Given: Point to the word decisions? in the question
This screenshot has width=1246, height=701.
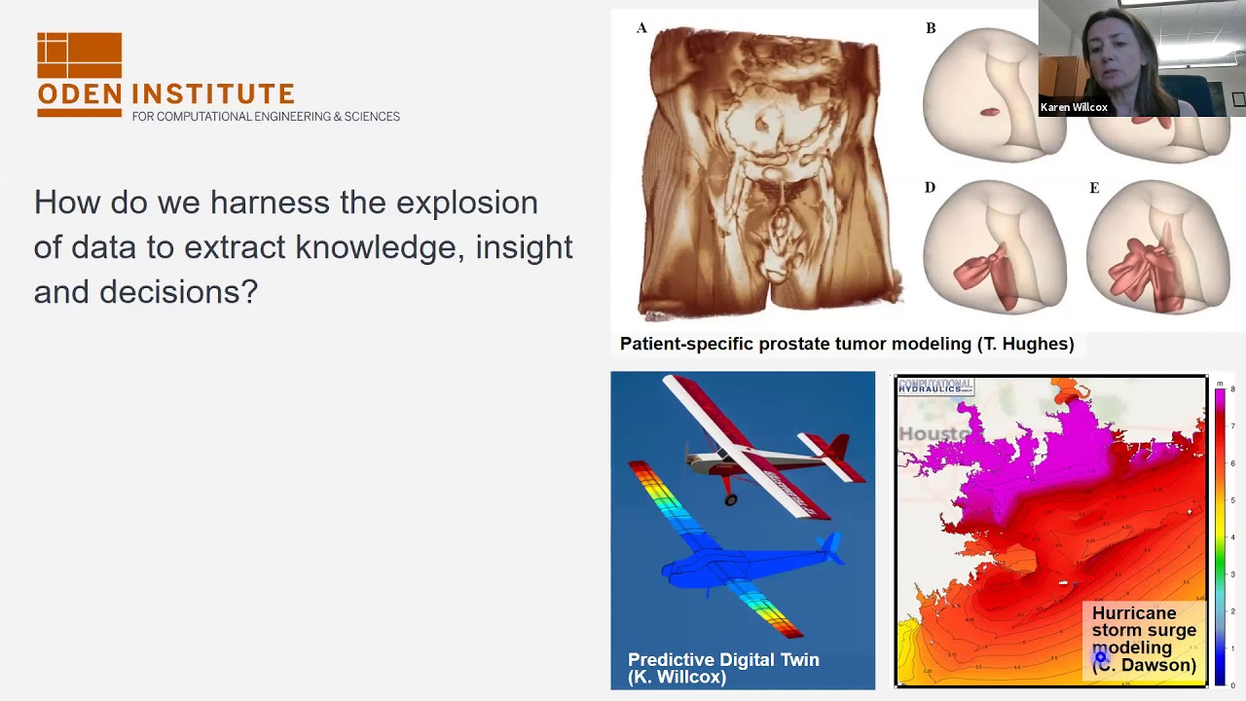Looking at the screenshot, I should click(178, 292).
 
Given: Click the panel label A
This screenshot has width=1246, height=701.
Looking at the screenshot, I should click(641, 28).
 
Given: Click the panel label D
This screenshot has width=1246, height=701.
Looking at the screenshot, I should click(930, 188).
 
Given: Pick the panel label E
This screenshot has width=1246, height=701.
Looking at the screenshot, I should click(1094, 188).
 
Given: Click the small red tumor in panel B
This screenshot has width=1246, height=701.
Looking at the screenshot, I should click(989, 113).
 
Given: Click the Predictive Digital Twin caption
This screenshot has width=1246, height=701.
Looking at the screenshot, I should click(723, 668).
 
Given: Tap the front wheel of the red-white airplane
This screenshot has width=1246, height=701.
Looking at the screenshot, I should click(730, 499).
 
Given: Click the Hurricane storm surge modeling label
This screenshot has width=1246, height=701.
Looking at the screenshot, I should click(1144, 639).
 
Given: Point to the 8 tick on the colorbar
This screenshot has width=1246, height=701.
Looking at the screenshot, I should click(1232, 389).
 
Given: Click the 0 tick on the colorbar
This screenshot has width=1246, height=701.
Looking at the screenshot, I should click(1232, 684).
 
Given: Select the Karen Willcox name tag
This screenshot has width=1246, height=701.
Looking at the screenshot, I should click(1074, 108).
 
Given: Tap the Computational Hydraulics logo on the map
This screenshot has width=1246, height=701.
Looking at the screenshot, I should click(935, 387).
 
